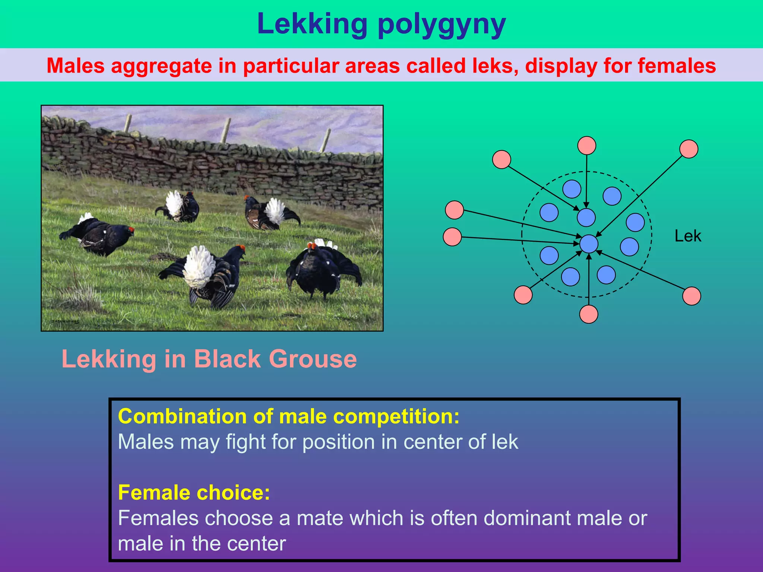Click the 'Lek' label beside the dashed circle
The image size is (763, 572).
click(x=688, y=236)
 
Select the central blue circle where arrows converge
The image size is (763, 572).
click(x=589, y=244)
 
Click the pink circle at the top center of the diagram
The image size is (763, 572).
click(x=587, y=145)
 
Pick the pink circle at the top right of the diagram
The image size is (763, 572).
click(x=689, y=149)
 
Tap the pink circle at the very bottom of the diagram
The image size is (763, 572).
click(x=589, y=314)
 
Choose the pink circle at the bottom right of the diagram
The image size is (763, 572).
click(x=691, y=296)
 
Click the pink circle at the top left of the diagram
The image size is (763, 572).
click(x=501, y=159)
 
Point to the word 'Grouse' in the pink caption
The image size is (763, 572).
click(x=313, y=359)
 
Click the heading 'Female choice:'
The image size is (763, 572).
click(x=194, y=492)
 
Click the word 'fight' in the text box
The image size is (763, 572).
click(x=246, y=442)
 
